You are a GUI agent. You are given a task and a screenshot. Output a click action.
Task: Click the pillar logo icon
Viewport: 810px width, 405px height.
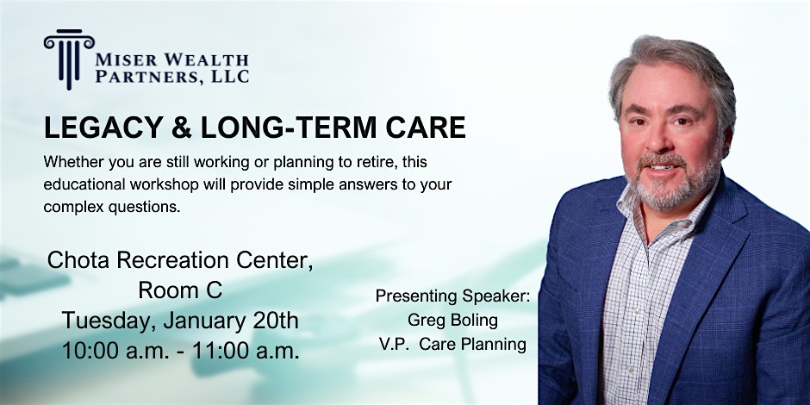[69, 59]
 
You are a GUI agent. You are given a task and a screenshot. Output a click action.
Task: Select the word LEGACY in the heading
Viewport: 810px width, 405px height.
[103, 128]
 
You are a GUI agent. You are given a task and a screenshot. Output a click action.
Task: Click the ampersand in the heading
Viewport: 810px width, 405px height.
[181, 128]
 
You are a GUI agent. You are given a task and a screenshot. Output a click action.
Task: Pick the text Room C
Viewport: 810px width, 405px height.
[180, 290]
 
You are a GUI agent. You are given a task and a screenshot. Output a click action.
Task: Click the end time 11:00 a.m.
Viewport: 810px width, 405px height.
[246, 351]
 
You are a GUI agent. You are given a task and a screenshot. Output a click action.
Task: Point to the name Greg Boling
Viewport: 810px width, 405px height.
[452, 321]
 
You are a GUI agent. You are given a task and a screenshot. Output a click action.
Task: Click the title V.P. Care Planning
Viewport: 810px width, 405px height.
[452, 345]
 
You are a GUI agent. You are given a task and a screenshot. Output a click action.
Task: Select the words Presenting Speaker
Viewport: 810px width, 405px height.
[452, 296]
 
